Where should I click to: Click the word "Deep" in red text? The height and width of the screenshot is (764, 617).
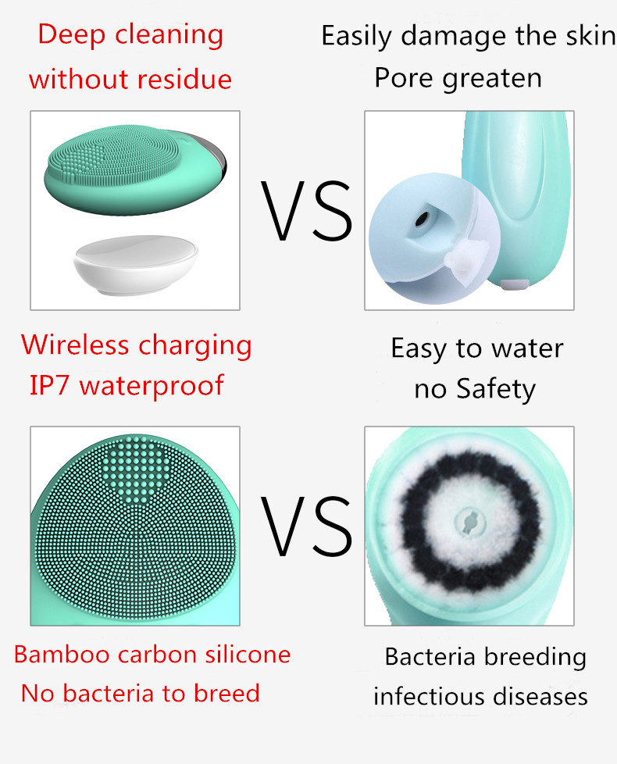[72, 36]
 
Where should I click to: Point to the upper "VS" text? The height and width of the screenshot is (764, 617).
[306, 210]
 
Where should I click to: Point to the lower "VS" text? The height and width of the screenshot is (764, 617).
[306, 527]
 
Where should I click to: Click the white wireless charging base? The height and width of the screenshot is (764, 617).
[135, 265]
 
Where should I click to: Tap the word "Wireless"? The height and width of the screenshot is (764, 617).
[75, 345]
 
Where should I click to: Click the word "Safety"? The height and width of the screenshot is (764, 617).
[496, 390]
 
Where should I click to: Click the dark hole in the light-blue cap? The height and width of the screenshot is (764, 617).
[422, 218]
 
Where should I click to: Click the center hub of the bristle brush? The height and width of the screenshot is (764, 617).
[470, 522]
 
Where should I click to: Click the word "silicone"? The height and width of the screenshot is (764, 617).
[248, 655]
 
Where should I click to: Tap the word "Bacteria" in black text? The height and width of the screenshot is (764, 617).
[430, 657]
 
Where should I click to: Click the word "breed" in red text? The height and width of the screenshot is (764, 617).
[226, 694]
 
